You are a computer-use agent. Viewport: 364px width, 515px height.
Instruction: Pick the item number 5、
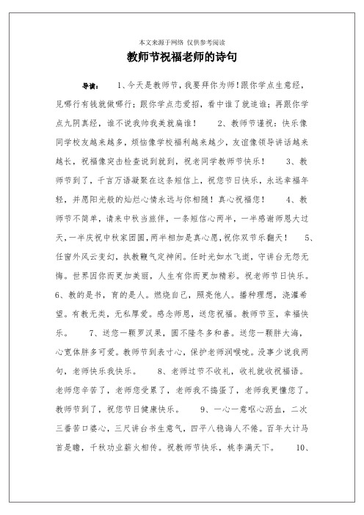310,238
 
